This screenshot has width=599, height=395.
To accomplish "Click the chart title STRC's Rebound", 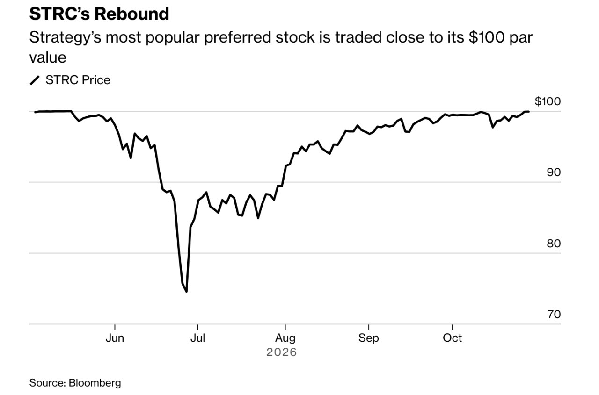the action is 99,14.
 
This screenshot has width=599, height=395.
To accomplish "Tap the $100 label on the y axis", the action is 548,101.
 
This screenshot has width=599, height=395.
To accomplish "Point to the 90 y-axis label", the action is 554,172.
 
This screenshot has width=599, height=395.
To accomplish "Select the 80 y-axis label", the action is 554,244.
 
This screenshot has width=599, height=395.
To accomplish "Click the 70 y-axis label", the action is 554,314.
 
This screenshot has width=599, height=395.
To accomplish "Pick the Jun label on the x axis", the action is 115,338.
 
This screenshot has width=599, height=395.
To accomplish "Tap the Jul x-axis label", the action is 197,338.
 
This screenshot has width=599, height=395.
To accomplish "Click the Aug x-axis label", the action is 285,338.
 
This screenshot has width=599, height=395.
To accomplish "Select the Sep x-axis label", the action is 368,338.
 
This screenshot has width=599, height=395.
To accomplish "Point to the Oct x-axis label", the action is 452,338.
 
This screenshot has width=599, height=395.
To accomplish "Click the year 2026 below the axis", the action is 282,352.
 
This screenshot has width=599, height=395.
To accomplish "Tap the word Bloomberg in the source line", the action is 95,383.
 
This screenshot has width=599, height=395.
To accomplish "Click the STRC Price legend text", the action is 78,80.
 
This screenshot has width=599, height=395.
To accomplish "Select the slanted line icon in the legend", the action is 35,80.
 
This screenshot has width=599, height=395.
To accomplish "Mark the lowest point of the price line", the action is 186,292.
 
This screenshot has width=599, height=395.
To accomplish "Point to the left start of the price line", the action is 35,112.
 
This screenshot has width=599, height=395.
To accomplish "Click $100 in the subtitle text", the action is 487,37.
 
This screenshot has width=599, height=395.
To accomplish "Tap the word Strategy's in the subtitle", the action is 65,38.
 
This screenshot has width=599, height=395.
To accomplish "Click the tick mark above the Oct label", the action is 452,327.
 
